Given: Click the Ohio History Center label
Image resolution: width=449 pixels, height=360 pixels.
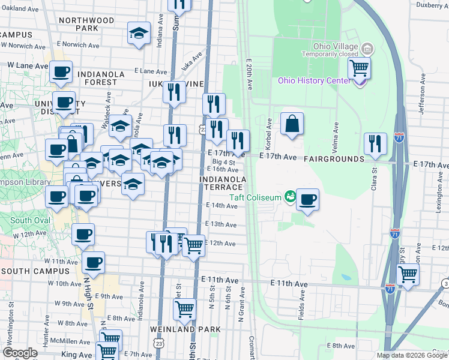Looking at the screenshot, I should [x=313, y=81].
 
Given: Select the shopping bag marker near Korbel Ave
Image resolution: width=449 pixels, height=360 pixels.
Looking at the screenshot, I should [x=291, y=124].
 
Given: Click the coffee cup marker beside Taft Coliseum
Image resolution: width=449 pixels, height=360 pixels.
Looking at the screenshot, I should [x=308, y=200].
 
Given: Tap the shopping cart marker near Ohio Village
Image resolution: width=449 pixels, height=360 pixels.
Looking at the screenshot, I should [x=359, y=68].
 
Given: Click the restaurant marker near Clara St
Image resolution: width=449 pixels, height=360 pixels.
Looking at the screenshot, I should [x=375, y=145].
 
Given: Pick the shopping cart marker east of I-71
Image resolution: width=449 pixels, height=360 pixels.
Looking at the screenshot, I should [x=408, y=274].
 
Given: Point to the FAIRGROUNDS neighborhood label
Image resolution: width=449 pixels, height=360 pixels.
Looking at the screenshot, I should [x=334, y=159].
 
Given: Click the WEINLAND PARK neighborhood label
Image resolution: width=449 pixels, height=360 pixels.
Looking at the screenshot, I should [x=187, y=329].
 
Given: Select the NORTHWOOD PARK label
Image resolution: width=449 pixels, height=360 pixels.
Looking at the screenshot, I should [x=88, y=24].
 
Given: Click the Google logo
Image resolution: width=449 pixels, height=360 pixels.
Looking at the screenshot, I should [x=20, y=353].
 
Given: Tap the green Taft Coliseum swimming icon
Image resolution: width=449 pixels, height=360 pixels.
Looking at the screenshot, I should [x=291, y=196].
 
